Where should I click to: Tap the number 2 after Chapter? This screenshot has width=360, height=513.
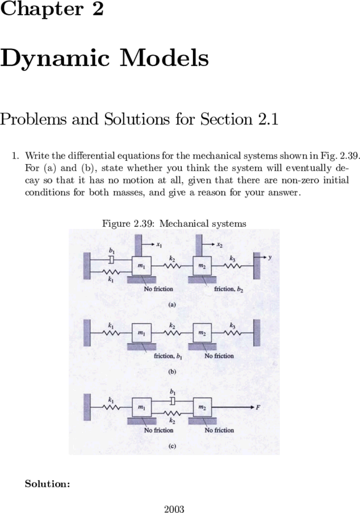(x=98, y=9)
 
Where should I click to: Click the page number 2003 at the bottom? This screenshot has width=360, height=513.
(x=174, y=509)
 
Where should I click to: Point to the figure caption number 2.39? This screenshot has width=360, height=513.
(x=143, y=223)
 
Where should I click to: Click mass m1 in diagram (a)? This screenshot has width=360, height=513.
(x=141, y=266)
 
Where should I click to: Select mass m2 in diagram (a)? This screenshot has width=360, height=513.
(x=202, y=266)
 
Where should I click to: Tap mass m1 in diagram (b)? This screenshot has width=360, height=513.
(x=141, y=333)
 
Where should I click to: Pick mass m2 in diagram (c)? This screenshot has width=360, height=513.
(x=202, y=407)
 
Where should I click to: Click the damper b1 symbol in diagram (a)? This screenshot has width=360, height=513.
(x=111, y=260)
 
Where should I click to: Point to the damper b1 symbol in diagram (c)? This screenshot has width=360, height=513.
(x=173, y=401)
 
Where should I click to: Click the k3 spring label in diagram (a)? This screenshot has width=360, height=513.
(x=232, y=258)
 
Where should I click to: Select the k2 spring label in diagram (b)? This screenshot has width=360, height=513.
(x=172, y=326)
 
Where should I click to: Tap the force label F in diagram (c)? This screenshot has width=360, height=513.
(x=258, y=407)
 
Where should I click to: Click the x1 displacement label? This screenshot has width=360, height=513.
(x=159, y=245)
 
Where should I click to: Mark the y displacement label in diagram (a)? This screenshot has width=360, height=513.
(x=270, y=257)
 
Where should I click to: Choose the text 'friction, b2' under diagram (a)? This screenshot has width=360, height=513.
(x=229, y=289)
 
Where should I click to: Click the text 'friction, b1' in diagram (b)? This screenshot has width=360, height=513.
(x=168, y=356)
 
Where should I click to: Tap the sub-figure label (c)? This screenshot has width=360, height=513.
(x=172, y=446)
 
